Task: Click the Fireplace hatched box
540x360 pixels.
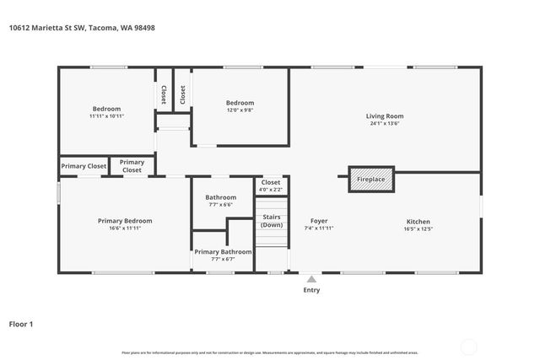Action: tap(371, 179)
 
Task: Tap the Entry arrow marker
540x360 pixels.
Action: tap(311, 279)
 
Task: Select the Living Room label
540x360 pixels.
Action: tap(385, 116)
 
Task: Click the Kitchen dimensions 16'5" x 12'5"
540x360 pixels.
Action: tap(418, 228)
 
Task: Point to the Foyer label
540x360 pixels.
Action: tap(318, 221)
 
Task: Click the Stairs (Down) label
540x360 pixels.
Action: tap(272, 222)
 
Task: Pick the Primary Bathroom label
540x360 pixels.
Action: tap(223, 251)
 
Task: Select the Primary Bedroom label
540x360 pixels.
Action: tap(125, 221)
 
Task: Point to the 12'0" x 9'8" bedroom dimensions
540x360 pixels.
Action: tap(240, 110)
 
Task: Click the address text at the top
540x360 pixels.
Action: tap(82, 27)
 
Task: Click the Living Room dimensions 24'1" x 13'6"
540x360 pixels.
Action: tap(385, 123)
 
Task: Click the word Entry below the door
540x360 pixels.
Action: tap(311, 290)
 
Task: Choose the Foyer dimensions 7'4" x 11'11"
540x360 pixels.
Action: tap(318, 228)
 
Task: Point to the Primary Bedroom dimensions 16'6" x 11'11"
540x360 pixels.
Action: tap(125, 228)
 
